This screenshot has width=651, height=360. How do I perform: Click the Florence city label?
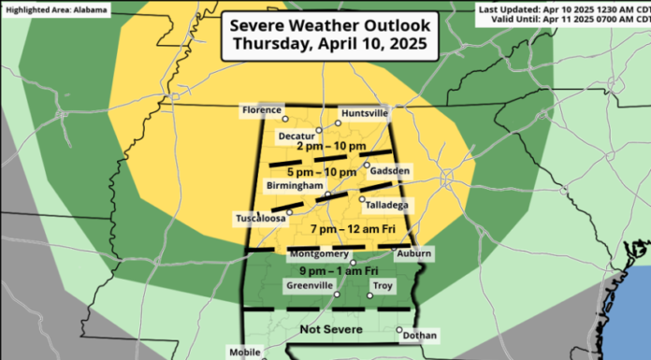pos(261,110)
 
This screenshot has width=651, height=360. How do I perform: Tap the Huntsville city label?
pos(365,113)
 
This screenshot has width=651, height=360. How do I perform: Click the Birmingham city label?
pos(293,185)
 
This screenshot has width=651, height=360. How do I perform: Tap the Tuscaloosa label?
pos(259,219)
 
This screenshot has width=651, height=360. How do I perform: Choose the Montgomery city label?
pos(320,253)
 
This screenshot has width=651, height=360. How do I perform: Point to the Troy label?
pos(383,286)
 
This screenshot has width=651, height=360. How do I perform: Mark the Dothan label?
pos(422,335)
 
